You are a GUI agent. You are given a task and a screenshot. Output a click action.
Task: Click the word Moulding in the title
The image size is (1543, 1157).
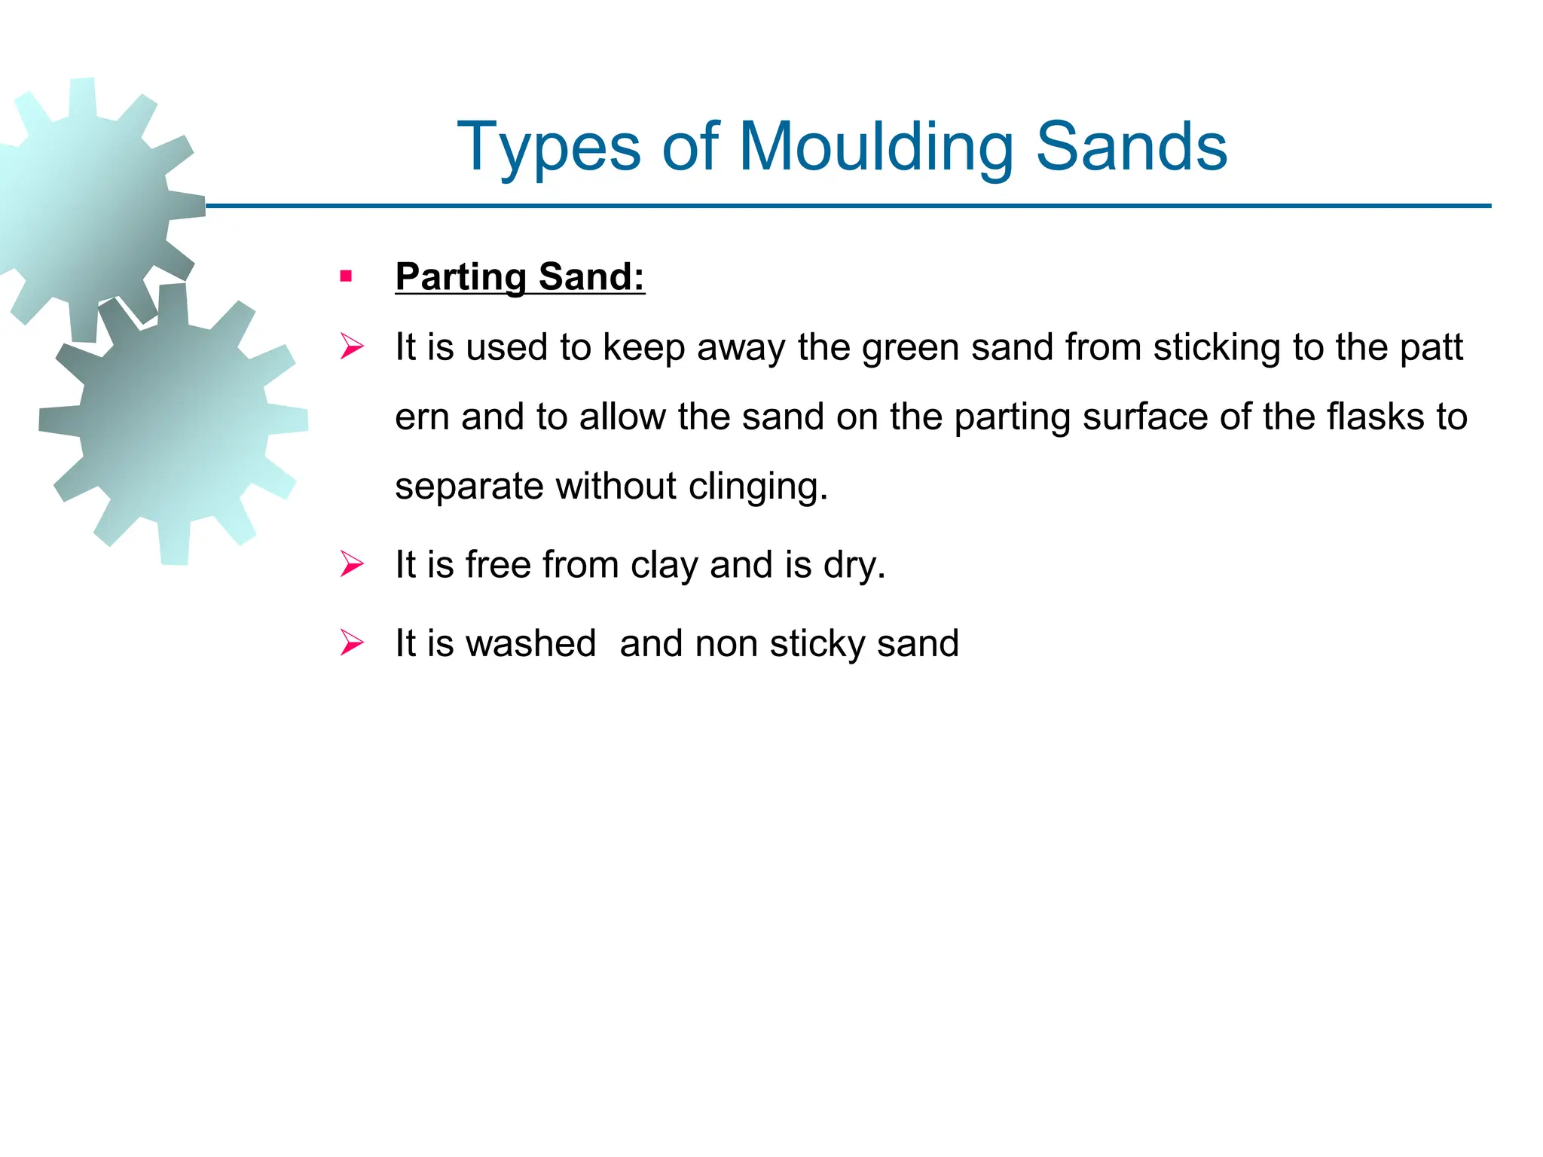coord(875,147)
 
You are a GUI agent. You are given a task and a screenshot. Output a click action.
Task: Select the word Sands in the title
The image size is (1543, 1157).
coord(1132,147)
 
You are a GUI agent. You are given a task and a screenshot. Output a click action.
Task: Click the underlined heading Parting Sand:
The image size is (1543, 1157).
coord(520,276)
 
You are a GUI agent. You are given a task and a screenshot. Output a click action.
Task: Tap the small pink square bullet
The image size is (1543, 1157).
coord(346,276)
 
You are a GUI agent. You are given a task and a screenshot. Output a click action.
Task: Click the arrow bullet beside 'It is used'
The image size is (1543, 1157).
coord(352,347)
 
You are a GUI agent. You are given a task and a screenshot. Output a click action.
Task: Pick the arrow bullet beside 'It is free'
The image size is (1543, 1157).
coord(352,564)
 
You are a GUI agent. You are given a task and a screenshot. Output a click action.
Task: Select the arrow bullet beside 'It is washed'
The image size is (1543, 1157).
coord(352,643)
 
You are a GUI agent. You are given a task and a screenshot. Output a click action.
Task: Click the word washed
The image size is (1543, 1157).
coord(530,643)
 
